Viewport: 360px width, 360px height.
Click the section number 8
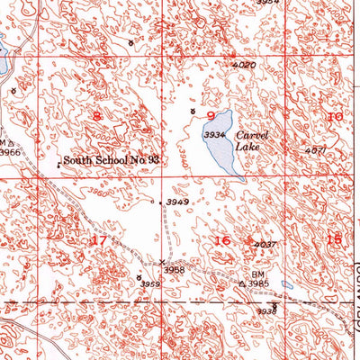(96, 116)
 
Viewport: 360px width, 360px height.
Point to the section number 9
(211, 115)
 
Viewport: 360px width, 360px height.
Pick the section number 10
(335, 117)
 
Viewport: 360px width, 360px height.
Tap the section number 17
(99, 240)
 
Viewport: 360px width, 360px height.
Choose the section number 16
(222, 239)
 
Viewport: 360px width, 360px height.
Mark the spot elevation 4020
(244, 65)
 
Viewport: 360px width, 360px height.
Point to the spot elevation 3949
(177, 202)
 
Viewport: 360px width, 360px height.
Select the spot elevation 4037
(264, 245)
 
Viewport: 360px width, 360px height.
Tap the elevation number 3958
(174, 269)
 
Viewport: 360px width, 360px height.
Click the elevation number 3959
(150, 284)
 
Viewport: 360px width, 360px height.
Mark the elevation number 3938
(265, 311)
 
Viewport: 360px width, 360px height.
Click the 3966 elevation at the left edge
(9, 153)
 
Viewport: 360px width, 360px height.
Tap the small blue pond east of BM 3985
(286, 284)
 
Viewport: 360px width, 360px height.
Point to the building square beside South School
(60, 164)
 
